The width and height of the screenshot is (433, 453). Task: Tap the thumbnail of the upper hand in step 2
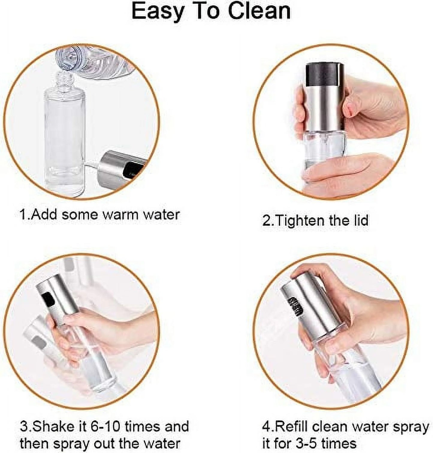pos(348,109)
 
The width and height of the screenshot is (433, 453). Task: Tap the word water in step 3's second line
pos(162,443)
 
